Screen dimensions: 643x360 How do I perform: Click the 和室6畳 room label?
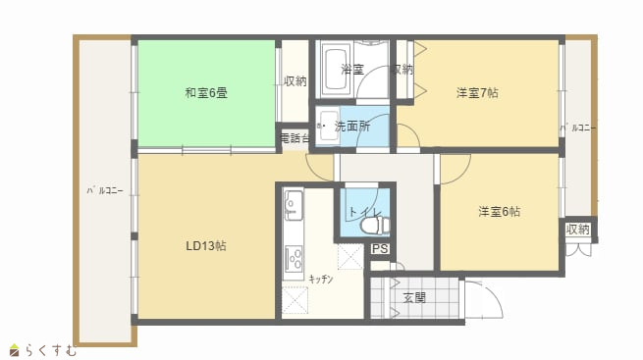(206, 93)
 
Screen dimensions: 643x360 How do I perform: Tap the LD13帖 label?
(206, 246)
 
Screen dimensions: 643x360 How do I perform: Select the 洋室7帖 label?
(477, 93)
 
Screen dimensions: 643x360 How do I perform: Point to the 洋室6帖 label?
(499, 211)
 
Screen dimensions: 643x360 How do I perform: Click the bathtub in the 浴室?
(337, 70)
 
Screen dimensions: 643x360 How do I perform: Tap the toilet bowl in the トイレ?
(374, 225)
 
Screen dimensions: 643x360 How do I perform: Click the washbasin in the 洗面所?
(329, 126)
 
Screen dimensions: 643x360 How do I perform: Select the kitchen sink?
(294, 204)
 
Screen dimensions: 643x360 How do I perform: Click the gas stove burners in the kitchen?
(294, 259)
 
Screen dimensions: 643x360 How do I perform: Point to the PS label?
(380, 248)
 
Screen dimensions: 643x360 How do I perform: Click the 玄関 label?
(413, 298)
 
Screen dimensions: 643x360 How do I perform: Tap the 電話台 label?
(295, 137)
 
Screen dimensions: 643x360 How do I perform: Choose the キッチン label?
(321, 280)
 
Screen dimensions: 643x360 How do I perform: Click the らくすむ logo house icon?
(15, 350)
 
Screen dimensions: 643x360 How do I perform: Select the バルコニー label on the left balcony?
(105, 190)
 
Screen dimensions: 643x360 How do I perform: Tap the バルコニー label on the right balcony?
(578, 129)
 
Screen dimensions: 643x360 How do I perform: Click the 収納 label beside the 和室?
(295, 81)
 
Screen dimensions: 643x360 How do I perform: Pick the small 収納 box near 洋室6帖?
(578, 230)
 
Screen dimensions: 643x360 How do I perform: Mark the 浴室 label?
(352, 70)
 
